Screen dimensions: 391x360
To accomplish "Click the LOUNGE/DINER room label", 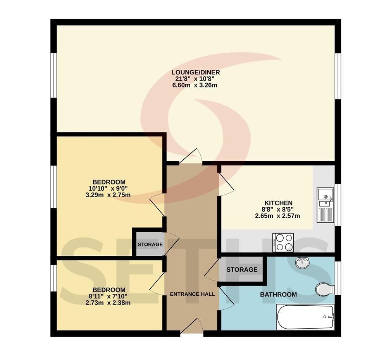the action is [195, 72].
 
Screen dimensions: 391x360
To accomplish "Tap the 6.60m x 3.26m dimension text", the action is [195, 85].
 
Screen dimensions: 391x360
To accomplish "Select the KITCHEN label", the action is [278, 203].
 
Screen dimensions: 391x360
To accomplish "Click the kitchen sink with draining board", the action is [325, 205].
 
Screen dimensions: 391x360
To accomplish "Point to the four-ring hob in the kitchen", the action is [283, 242].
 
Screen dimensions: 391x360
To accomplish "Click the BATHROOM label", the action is [278, 295].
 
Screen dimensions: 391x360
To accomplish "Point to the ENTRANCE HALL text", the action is [192, 294].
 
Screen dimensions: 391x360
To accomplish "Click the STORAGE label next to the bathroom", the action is [242, 269].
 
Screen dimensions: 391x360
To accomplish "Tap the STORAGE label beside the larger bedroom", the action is [150, 245].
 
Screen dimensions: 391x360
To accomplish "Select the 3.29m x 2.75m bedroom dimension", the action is [108, 195].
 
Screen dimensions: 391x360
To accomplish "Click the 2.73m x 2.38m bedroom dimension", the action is [108, 303].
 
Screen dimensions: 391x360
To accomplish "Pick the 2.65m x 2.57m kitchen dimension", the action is [277, 216].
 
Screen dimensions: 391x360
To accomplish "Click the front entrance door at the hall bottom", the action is [191, 326].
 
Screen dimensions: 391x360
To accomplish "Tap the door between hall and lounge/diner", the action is [191, 156].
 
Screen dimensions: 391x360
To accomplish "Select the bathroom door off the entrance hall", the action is [226, 299].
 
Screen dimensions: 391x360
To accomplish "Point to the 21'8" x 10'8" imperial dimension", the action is [195, 79].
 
